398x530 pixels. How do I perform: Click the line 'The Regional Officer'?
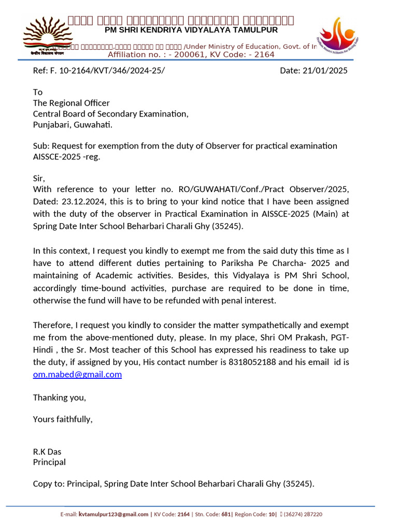pos(72,103)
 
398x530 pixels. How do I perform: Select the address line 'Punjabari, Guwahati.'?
pos(73,125)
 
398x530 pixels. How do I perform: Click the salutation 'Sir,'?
pos(39,179)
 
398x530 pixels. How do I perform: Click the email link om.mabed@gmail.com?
pos(77,374)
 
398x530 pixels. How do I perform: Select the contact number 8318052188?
pos(252,362)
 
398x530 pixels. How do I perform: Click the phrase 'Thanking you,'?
pos(60,397)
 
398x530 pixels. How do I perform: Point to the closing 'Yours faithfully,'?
pos(63,419)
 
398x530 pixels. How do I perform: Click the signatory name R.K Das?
pos(47,452)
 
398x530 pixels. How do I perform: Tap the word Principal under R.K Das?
pos(49,462)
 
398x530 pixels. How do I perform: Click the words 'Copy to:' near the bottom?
pos(48,484)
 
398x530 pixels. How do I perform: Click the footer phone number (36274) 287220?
pos(303,514)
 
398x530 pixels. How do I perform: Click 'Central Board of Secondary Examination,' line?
pos(111,114)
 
